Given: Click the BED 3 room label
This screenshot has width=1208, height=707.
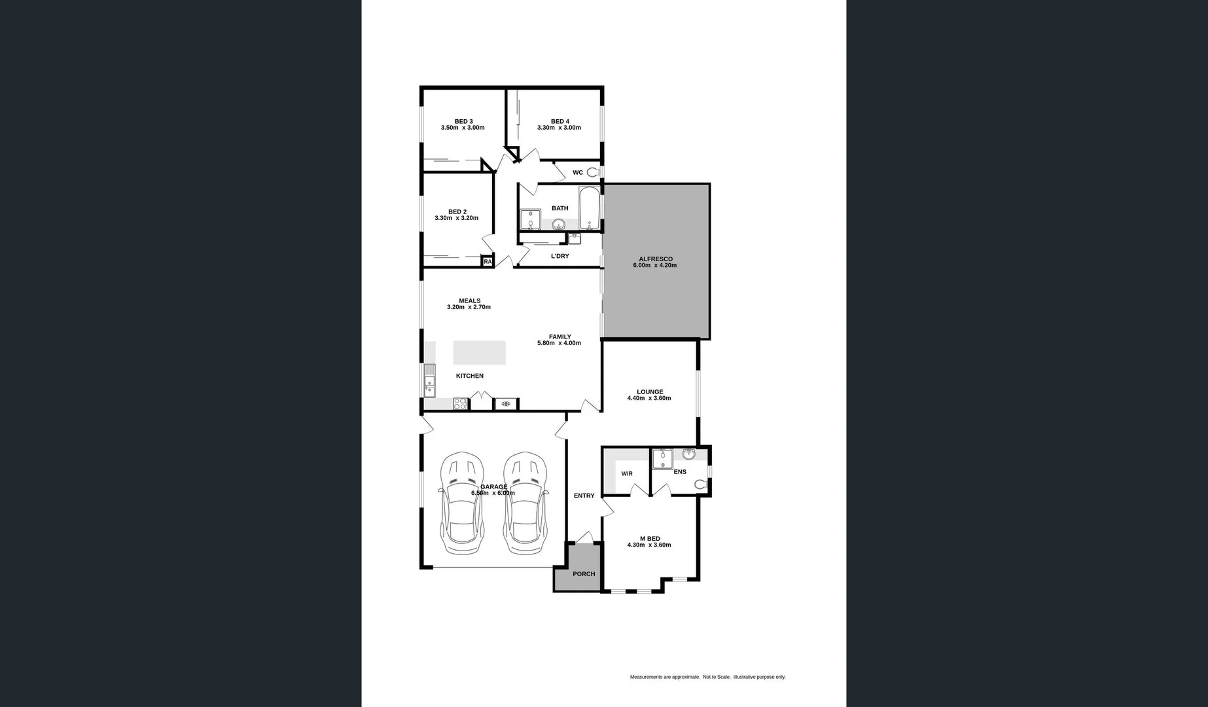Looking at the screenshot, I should point(463,121).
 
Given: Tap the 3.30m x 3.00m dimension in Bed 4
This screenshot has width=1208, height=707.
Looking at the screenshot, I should point(559,128).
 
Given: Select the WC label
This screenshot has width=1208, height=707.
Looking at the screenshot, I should point(577,173).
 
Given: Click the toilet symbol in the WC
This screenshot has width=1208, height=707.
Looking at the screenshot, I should point(593,173).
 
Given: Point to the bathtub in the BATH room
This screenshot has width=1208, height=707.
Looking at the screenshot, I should point(589,208).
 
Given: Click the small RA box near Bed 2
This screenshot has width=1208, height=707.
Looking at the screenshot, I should point(488,261).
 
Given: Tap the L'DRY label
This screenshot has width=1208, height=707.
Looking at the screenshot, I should point(560,256).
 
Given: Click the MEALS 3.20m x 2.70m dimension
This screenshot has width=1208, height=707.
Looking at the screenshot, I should point(469,307).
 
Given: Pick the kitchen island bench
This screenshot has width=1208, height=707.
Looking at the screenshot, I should point(479,352).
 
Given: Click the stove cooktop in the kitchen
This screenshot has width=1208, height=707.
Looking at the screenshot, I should point(460,404).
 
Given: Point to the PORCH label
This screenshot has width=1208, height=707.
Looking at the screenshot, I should point(584,574).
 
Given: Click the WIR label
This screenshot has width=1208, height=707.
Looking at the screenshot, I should point(626,474).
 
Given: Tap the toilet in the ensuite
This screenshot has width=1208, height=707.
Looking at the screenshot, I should point(700,484).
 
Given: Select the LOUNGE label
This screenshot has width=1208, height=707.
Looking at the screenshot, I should point(650,392).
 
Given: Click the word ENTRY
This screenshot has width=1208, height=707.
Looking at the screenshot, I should point(584,496).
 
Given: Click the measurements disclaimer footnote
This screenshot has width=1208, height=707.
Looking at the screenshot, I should point(707,677).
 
